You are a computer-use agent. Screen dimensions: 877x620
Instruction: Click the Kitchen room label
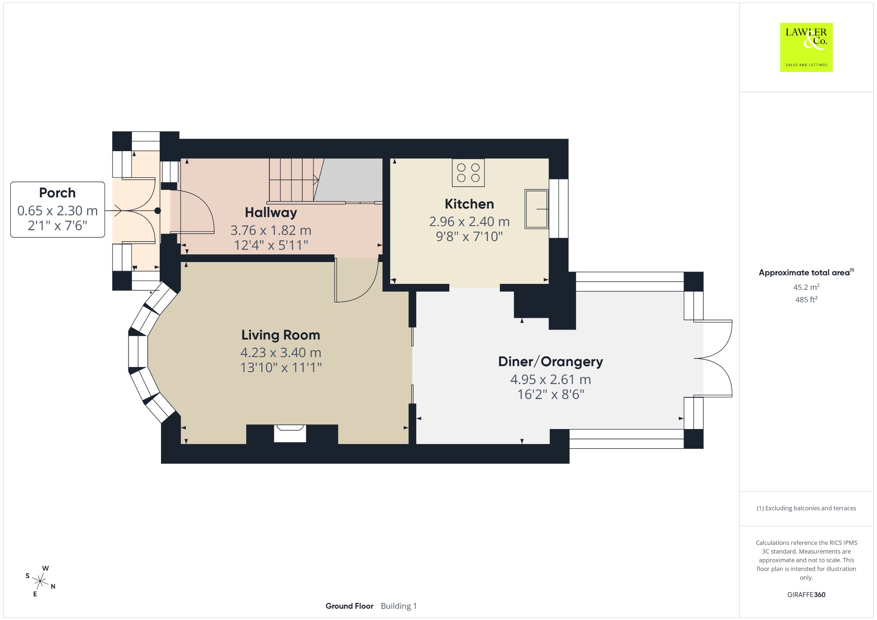pos(469,204)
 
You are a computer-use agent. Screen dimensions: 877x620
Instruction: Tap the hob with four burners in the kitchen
pos(468,173)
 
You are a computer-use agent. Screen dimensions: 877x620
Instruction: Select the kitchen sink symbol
pos(537,209)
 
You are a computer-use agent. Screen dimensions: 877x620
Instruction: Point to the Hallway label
pos(271,212)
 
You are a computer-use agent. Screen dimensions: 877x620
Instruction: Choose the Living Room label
pos(280,335)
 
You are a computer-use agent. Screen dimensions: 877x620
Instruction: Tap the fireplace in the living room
pos(290,433)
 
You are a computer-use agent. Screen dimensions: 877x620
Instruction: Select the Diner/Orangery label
pos(550,362)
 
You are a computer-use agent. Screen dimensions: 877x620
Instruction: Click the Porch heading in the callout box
pos(57,193)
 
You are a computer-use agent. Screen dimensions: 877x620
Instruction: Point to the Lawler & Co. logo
pos(806,47)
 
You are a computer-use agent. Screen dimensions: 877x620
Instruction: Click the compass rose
pos(40,581)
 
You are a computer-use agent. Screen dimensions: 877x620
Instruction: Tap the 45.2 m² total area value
pos(806,287)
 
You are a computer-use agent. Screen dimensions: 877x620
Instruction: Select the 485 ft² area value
pos(806,299)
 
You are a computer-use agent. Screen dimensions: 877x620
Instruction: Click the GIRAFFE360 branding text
pos(806,594)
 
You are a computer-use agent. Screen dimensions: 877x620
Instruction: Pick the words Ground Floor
pos(349,606)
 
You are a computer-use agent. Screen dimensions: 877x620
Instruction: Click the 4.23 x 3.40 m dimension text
pos(280,352)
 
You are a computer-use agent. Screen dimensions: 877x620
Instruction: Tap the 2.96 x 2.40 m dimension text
pos(469,221)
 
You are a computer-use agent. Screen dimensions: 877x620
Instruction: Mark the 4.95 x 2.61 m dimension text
pos(550,379)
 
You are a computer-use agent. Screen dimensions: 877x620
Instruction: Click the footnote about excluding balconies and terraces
pos(806,508)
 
